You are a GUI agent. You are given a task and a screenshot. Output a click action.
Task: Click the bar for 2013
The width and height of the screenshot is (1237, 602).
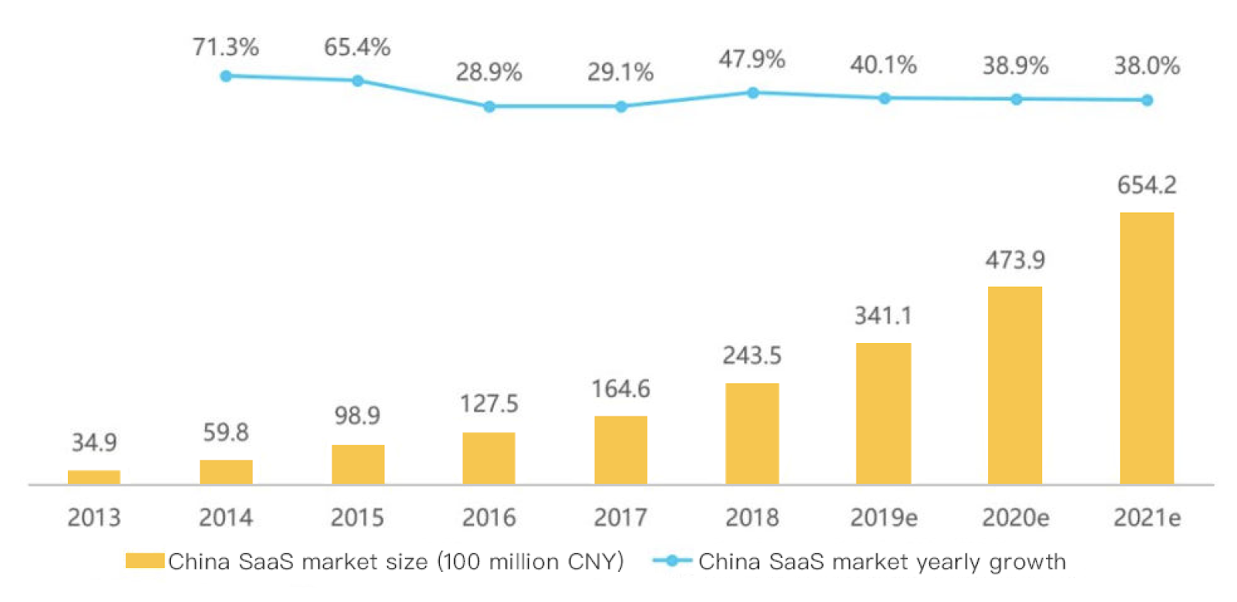coord(94,477)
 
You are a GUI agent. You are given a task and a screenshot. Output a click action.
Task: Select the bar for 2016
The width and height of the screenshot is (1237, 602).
coord(489,458)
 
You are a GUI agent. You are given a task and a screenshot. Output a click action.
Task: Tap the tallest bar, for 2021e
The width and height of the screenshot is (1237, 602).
coord(1147,348)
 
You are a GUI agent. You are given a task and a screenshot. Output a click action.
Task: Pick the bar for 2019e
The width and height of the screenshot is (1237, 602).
coord(883,413)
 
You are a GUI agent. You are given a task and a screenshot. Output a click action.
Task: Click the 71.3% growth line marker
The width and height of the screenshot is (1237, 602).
coord(226,76)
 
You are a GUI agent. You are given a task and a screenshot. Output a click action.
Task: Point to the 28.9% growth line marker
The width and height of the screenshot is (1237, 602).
coord(489,107)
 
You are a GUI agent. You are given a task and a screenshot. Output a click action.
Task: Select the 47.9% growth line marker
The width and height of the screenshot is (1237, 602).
coord(753,93)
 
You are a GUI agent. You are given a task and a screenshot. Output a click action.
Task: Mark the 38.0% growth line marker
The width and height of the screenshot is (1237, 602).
coord(1147,100)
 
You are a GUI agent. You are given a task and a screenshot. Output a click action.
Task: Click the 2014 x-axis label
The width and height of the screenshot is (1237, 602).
coord(226,517)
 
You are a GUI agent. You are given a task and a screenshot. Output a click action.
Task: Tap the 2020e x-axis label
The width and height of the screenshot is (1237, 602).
coord(1015,517)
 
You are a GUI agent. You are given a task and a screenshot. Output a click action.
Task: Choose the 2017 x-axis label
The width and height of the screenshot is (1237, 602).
coord(621,517)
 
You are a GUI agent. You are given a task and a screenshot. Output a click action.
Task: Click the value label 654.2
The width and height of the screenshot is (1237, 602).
coord(1147,185)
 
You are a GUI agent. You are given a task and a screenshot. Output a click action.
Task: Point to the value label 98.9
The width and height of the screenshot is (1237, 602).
coord(357,416)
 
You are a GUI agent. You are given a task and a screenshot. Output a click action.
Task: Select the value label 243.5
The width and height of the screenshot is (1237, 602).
coord(752,355)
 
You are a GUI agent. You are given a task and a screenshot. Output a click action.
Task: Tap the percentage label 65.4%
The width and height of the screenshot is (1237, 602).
coord(357,47)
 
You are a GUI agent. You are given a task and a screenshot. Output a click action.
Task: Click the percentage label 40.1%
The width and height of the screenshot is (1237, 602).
coord(884,65)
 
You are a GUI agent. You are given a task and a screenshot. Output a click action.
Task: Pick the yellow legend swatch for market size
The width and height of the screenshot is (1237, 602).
coord(145,560)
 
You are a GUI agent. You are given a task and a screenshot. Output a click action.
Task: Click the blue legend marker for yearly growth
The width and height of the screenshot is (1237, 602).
coord(672,560)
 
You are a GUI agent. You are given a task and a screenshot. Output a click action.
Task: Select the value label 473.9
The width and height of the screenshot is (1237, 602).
coord(1015,260)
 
